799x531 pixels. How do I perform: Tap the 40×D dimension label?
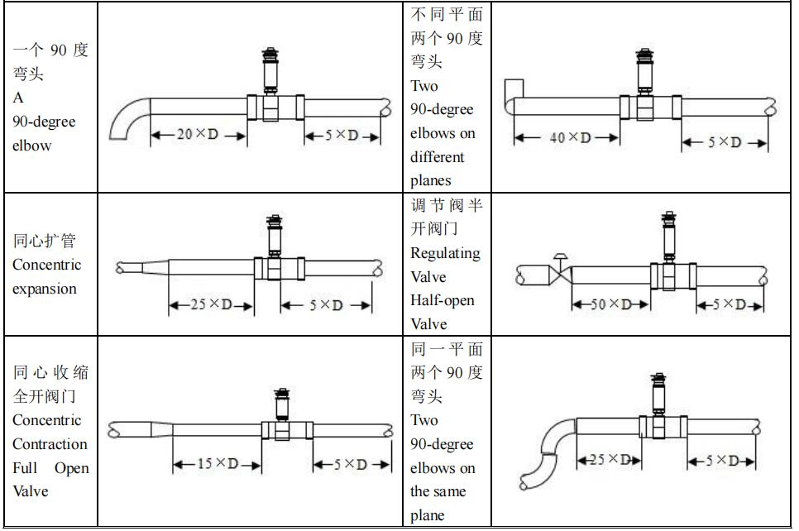point(570,137)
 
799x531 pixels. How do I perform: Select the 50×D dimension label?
point(610,304)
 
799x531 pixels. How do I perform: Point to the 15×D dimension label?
point(217,463)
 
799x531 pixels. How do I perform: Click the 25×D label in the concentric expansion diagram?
point(210,305)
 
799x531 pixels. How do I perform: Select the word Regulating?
point(445,253)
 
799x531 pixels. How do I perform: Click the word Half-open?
point(443,300)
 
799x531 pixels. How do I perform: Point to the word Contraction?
point(50,444)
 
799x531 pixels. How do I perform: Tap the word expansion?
point(45,289)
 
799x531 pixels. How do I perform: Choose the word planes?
point(431,180)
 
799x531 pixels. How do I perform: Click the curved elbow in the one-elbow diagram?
point(126,118)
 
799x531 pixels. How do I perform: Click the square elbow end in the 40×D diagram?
point(512,88)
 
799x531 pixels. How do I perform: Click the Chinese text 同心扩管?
point(45,242)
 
